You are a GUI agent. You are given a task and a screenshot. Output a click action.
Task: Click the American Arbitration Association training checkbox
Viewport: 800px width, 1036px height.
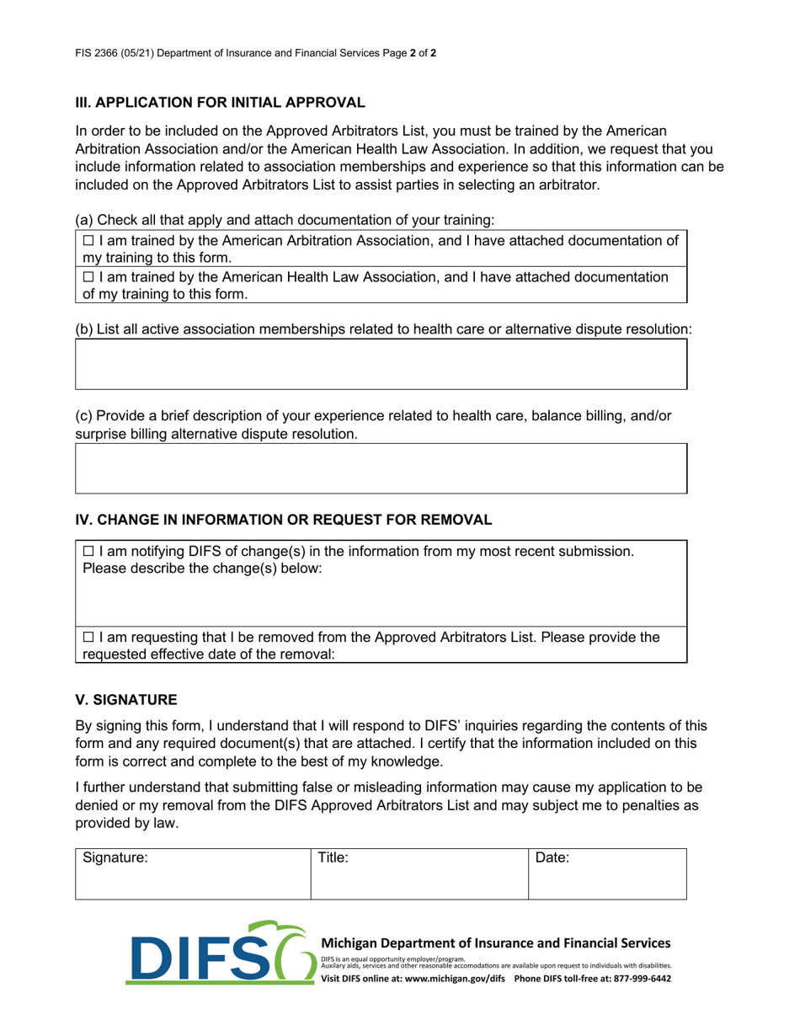(88, 242)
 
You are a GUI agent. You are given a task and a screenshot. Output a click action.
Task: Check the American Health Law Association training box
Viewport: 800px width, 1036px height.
(88, 277)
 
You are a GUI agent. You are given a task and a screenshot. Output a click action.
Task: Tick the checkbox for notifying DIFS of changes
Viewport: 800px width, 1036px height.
(88, 551)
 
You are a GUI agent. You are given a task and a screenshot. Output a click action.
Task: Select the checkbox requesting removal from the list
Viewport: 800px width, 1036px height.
(88, 638)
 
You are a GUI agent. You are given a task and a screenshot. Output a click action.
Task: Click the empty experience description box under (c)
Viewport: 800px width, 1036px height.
(381, 468)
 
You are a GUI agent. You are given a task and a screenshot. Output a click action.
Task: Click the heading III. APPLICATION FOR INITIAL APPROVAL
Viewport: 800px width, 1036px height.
(221, 103)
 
